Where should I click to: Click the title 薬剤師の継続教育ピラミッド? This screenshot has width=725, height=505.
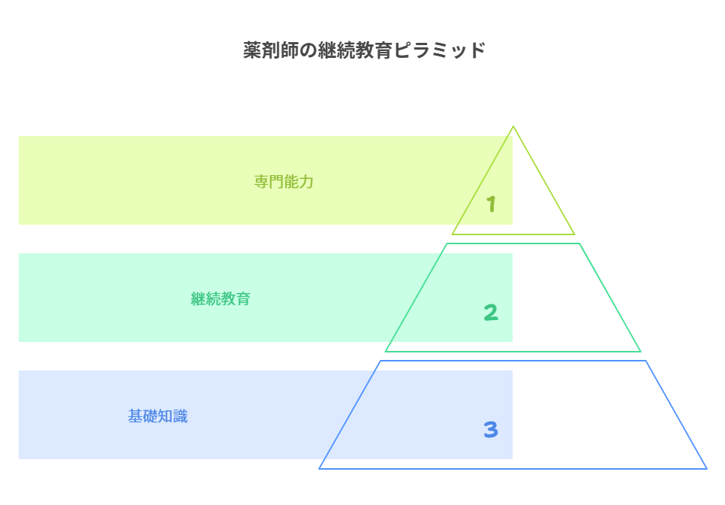click(364, 51)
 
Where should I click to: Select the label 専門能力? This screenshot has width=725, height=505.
click(284, 182)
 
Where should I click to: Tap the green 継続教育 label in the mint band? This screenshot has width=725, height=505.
click(221, 299)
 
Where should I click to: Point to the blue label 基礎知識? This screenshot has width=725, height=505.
click(158, 416)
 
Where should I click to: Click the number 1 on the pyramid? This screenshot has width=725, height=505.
click(491, 204)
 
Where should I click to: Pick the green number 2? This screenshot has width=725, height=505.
click(491, 313)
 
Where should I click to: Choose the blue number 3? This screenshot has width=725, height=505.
click(491, 430)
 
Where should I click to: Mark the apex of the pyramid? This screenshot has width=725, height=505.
click(513, 126)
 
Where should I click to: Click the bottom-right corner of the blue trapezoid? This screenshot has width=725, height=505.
click(706, 468)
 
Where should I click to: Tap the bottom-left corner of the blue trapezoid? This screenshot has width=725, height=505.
click(320, 468)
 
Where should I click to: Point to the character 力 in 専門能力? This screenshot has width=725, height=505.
click(306, 182)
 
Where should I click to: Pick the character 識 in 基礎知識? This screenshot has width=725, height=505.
click(180, 416)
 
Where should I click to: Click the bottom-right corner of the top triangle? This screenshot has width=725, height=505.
click(575, 234)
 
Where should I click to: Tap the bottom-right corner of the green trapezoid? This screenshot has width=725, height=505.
click(640, 351)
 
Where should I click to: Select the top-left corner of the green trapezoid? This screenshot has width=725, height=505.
click(448, 243)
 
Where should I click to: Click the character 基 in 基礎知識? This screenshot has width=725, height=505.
click(135, 416)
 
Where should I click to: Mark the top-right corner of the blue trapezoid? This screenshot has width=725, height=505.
click(646, 361)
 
